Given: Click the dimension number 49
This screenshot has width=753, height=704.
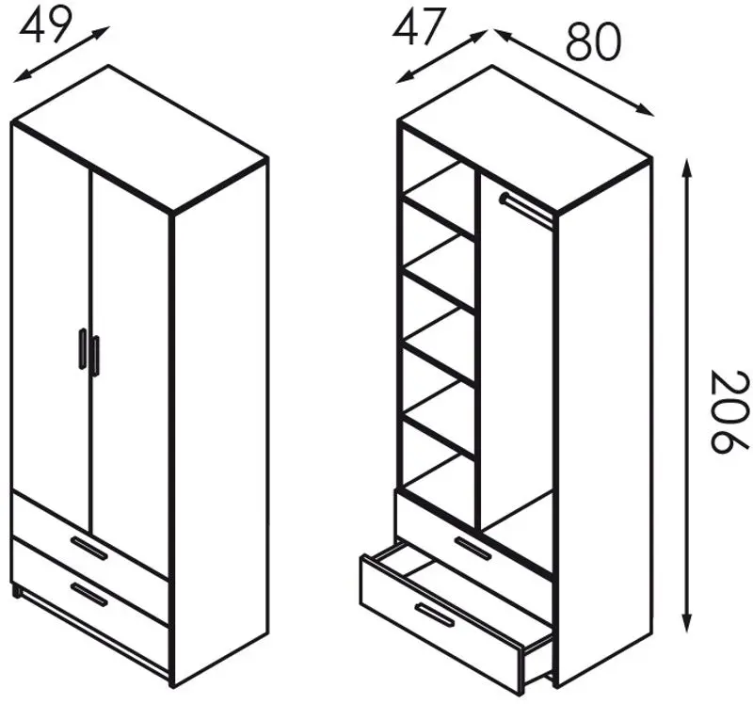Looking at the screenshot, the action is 45,25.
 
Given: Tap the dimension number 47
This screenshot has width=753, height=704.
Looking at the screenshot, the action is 416,27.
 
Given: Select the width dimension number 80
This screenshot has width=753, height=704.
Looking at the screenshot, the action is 593,42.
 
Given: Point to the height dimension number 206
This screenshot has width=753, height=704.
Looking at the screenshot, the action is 729,411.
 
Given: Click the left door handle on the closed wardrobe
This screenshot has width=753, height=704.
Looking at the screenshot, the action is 83,349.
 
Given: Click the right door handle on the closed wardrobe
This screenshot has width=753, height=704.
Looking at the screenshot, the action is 95,356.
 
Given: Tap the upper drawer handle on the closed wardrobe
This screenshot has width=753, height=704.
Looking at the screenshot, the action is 88,548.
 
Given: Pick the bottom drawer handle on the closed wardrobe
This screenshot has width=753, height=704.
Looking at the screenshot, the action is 88,595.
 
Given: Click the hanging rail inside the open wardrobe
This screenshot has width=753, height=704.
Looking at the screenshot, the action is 526,207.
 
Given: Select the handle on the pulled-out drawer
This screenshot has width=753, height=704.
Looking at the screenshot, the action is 435,616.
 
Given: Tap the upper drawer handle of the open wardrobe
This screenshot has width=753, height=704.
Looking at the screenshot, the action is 473,549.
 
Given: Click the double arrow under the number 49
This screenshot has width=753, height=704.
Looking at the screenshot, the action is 61,55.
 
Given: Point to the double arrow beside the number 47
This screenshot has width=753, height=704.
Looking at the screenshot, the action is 441,56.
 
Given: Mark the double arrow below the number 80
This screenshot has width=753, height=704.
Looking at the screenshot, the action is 574,72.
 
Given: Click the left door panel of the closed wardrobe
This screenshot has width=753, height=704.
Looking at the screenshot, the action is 51,327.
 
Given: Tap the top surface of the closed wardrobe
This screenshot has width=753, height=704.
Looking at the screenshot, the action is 139,138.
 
